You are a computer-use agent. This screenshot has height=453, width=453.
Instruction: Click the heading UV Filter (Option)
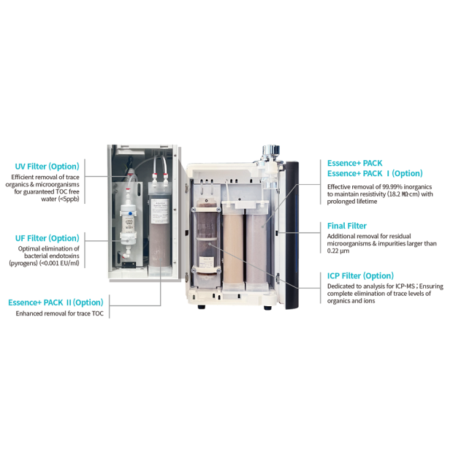click(x=47, y=167)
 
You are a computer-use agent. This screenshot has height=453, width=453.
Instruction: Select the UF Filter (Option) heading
click(x=47, y=238)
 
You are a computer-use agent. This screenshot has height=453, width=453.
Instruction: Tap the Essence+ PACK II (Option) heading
click(x=56, y=302)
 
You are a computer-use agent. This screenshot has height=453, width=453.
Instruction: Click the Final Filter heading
click(x=346, y=226)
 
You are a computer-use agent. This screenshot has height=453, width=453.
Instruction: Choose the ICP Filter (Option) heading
click(x=360, y=276)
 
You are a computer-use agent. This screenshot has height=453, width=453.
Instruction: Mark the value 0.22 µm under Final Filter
click(x=338, y=251)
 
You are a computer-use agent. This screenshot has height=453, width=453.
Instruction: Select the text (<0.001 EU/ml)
click(x=59, y=263)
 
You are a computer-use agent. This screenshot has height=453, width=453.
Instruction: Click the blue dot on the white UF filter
click(x=130, y=214)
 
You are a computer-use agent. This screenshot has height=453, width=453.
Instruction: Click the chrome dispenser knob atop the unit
click(x=271, y=151)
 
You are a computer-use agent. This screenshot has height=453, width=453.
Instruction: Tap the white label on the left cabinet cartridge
click(x=160, y=211)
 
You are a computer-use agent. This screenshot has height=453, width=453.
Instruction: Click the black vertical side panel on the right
click(x=292, y=235)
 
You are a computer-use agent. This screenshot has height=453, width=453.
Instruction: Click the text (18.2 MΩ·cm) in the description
click(x=403, y=194)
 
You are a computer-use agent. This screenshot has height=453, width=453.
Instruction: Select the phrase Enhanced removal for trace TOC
click(x=59, y=313)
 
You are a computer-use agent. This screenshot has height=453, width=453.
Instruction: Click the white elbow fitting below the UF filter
click(x=126, y=255)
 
